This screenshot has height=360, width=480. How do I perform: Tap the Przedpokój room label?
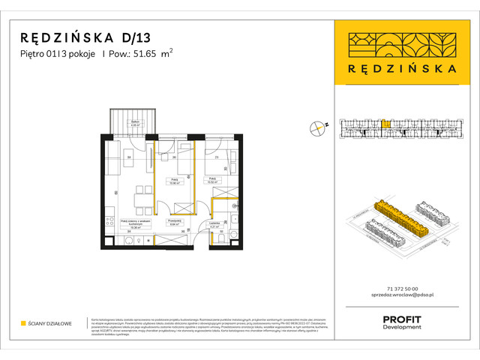(176, 222)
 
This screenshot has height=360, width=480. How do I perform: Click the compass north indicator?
(319, 127)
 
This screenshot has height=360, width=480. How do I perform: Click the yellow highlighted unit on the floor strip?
(385, 125)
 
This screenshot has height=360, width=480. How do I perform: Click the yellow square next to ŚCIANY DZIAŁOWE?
(23, 323)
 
